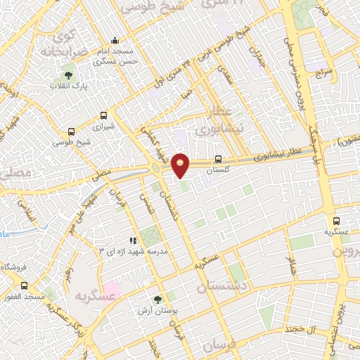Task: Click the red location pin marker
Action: pyautogui.click(x=181, y=165)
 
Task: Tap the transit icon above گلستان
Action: pyautogui.click(x=218, y=159)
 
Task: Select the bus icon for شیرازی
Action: pyautogui.click(x=104, y=115)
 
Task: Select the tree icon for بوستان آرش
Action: pyautogui.click(x=157, y=299)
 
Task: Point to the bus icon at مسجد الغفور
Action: pyautogui.click(x=25, y=286)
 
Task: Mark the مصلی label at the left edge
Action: pyautogui.click(x=12, y=172)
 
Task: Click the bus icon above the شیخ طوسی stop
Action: pyautogui.click(x=70, y=131)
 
